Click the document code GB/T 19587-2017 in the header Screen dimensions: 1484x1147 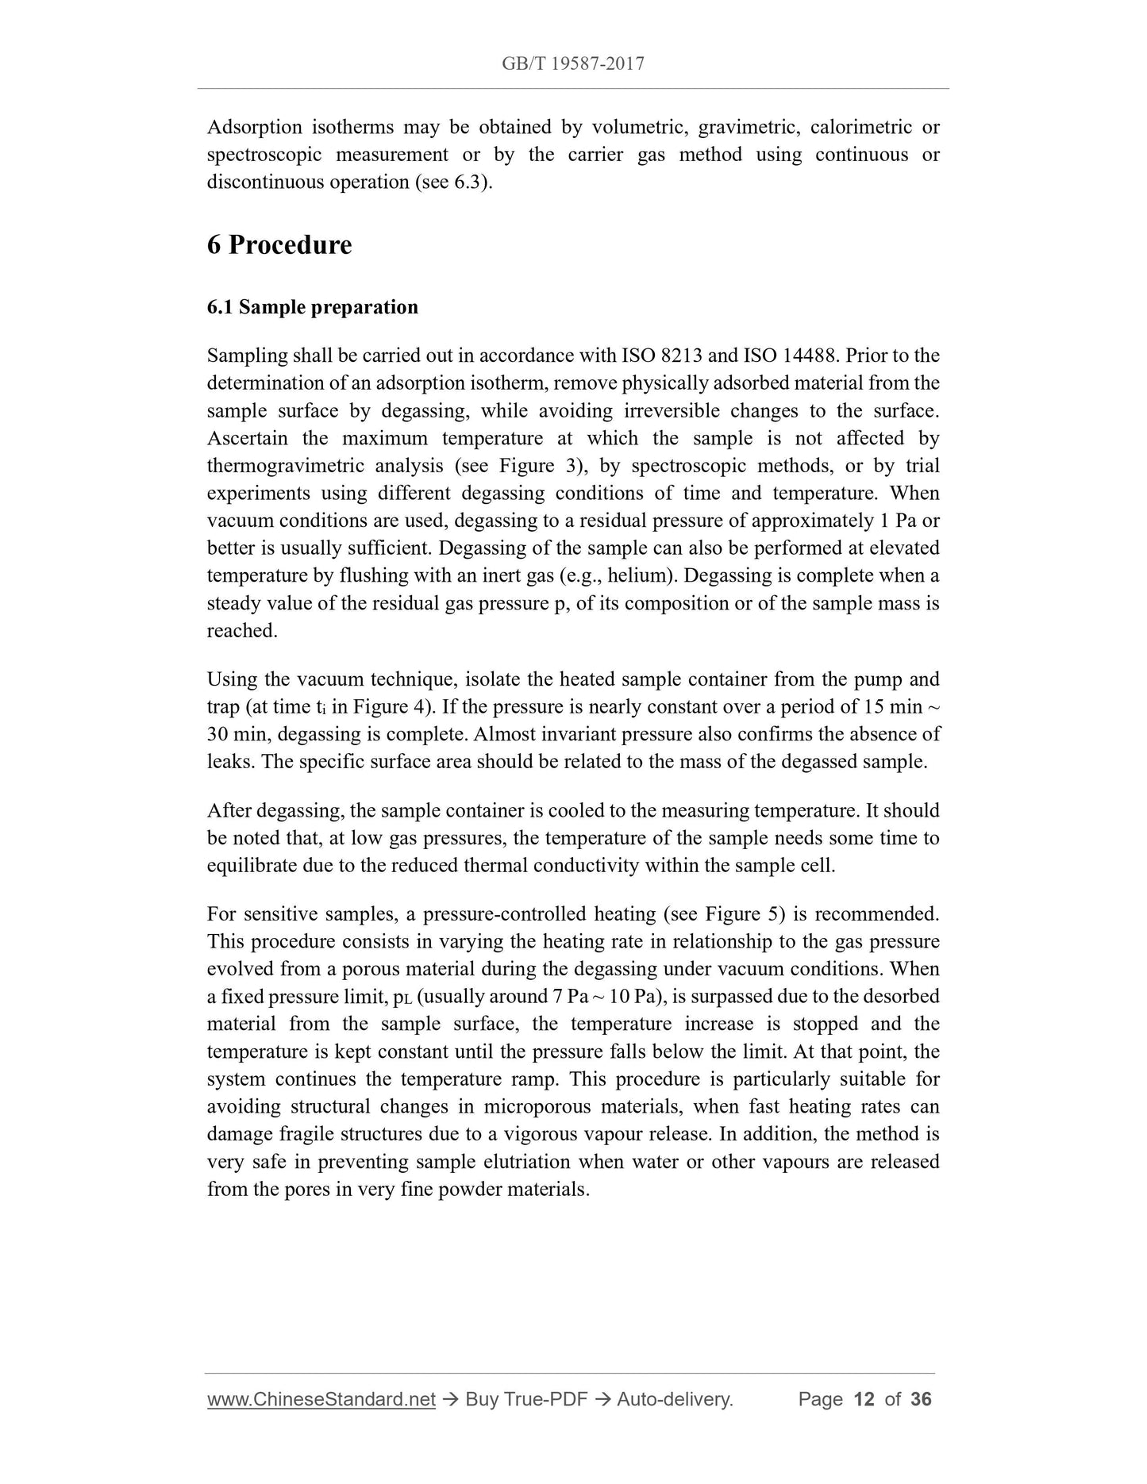pyautogui.click(x=572, y=63)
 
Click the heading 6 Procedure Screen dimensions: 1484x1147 pyautogui.click(x=279, y=244)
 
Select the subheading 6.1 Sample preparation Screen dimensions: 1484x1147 pyautogui.click(x=312, y=307)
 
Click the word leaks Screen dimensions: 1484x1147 pyautogui.click(x=229, y=762)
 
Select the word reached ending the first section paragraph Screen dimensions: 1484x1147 pyautogui.click(x=241, y=631)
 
